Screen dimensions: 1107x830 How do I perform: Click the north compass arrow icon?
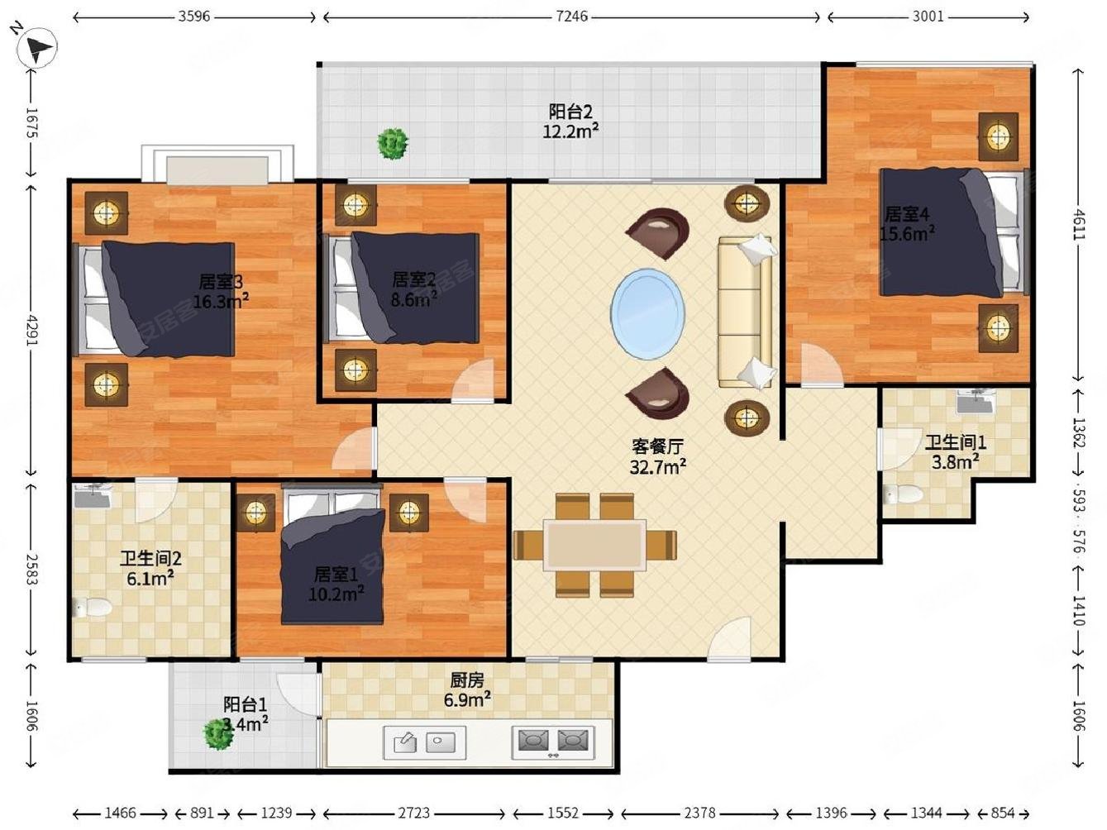click(36, 46)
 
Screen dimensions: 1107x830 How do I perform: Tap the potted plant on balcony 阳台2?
click(393, 144)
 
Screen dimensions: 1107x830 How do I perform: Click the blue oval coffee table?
click(648, 313)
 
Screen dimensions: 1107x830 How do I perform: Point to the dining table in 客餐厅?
click(594, 545)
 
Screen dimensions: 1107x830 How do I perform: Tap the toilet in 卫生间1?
click(904, 494)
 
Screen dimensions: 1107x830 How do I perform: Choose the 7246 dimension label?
click(571, 17)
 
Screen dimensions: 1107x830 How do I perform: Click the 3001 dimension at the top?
click(928, 17)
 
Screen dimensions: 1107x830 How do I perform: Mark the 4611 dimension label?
click(1078, 224)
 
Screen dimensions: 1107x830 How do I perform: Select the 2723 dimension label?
click(413, 813)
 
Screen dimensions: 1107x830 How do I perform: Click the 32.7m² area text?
click(657, 467)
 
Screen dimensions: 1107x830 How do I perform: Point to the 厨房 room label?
click(466, 680)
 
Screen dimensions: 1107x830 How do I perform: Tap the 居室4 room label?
click(907, 214)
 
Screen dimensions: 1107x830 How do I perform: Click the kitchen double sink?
click(425, 742)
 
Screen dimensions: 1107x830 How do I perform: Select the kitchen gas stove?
click(553, 742)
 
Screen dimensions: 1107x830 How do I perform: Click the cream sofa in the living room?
click(745, 312)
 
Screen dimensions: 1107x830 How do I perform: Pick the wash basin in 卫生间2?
click(92, 496)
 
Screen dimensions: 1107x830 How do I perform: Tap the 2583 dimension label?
click(31, 570)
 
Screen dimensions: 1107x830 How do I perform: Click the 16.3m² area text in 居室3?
click(221, 302)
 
